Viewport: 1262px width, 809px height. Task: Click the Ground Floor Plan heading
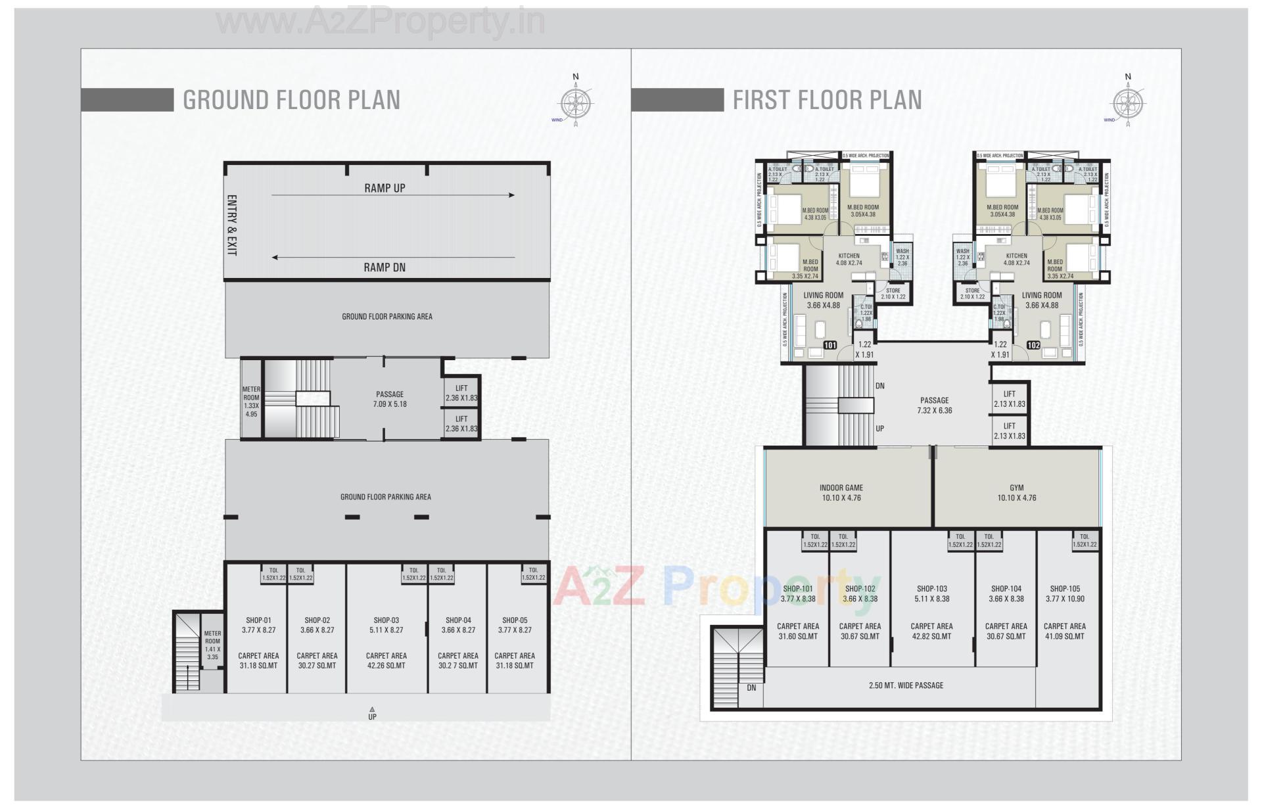[291, 100]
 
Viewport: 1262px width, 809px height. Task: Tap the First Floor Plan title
[827, 100]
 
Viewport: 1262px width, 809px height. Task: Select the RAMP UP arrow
[392, 195]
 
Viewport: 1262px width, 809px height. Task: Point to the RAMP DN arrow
[392, 258]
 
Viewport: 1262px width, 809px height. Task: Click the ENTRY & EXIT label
[231, 225]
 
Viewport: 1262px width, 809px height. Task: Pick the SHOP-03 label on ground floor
[386, 620]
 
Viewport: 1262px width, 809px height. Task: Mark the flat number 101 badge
[830, 345]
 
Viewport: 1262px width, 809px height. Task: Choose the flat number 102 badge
[1033, 345]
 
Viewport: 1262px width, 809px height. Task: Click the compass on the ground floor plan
[576, 103]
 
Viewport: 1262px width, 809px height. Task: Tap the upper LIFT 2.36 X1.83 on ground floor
[461, 393]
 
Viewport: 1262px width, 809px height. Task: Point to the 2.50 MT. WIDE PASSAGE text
[906, 685]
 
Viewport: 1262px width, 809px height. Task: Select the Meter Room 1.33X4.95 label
[251, 402]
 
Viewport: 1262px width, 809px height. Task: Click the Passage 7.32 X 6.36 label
[934, 405]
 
